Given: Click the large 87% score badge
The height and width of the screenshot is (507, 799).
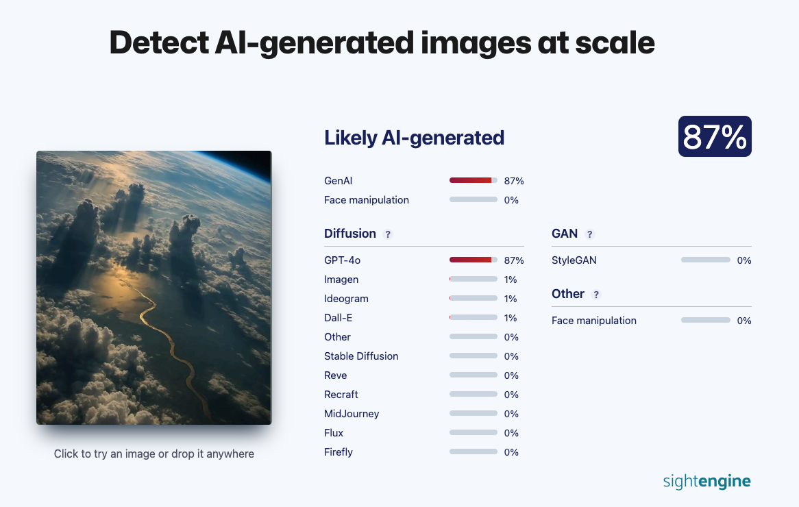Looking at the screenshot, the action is click(715, 136).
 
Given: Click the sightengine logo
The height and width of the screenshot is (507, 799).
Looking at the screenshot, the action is click(706, 481).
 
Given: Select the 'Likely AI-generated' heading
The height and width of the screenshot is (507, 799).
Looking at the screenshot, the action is click(415, 138).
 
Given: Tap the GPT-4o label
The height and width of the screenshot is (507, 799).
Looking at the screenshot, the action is click(343, 260).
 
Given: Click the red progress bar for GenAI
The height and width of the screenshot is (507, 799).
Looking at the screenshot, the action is click(474, 180).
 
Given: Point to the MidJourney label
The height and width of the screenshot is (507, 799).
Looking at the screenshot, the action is click(352, 414).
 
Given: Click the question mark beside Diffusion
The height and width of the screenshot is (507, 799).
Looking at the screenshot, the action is click(388, 234).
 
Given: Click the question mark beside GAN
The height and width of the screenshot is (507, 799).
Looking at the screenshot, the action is click(589, 234).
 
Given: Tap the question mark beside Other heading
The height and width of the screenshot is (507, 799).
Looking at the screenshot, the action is click(596, 295).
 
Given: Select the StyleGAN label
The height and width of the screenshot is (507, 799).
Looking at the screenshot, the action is click(574, 260).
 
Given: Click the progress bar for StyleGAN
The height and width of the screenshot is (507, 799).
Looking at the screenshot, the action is click(706, 260).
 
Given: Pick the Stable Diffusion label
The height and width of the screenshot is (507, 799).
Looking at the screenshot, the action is click(361, 356).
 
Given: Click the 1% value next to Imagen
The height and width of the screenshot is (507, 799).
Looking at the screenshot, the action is click(511, 280).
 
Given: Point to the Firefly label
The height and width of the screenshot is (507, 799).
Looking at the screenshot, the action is click(339, 452).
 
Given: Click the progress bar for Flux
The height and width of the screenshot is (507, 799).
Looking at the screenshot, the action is click(474, 432).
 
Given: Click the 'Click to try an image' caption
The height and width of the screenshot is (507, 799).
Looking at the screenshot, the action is click(154, 454).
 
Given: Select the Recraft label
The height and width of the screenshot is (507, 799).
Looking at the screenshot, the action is click(341, 395).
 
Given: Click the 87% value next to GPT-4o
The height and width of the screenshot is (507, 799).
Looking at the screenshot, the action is click(514, 260).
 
